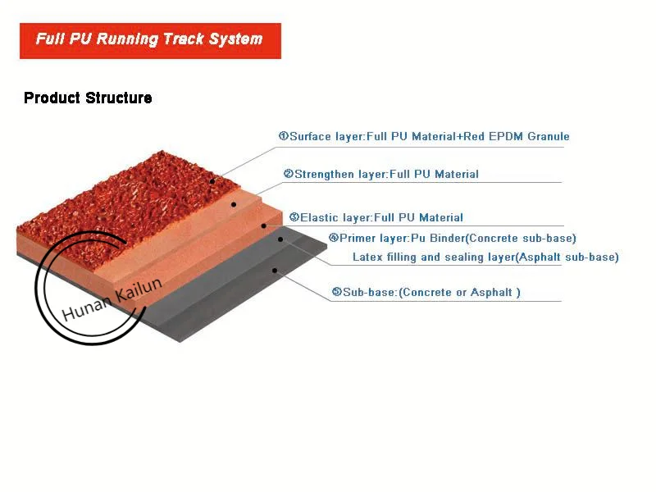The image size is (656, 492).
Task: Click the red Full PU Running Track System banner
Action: [150, 40]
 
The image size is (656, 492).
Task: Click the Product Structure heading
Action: [88, 98]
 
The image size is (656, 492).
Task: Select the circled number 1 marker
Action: [283, 136]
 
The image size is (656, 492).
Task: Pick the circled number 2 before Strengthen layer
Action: [288, 174]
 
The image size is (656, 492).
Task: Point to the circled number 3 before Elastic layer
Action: [294, 217]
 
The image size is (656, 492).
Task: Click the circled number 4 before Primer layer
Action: [333, 238]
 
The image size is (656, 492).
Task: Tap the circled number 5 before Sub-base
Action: [336, 292]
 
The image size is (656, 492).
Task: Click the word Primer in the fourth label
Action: [359, 238]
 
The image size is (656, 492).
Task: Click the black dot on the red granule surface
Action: [212, 181]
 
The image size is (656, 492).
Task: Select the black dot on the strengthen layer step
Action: [234, 204]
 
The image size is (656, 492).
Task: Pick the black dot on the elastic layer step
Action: [263, 225]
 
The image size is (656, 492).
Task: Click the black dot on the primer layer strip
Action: [280, 239]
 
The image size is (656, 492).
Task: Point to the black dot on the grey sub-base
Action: [275, 269]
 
